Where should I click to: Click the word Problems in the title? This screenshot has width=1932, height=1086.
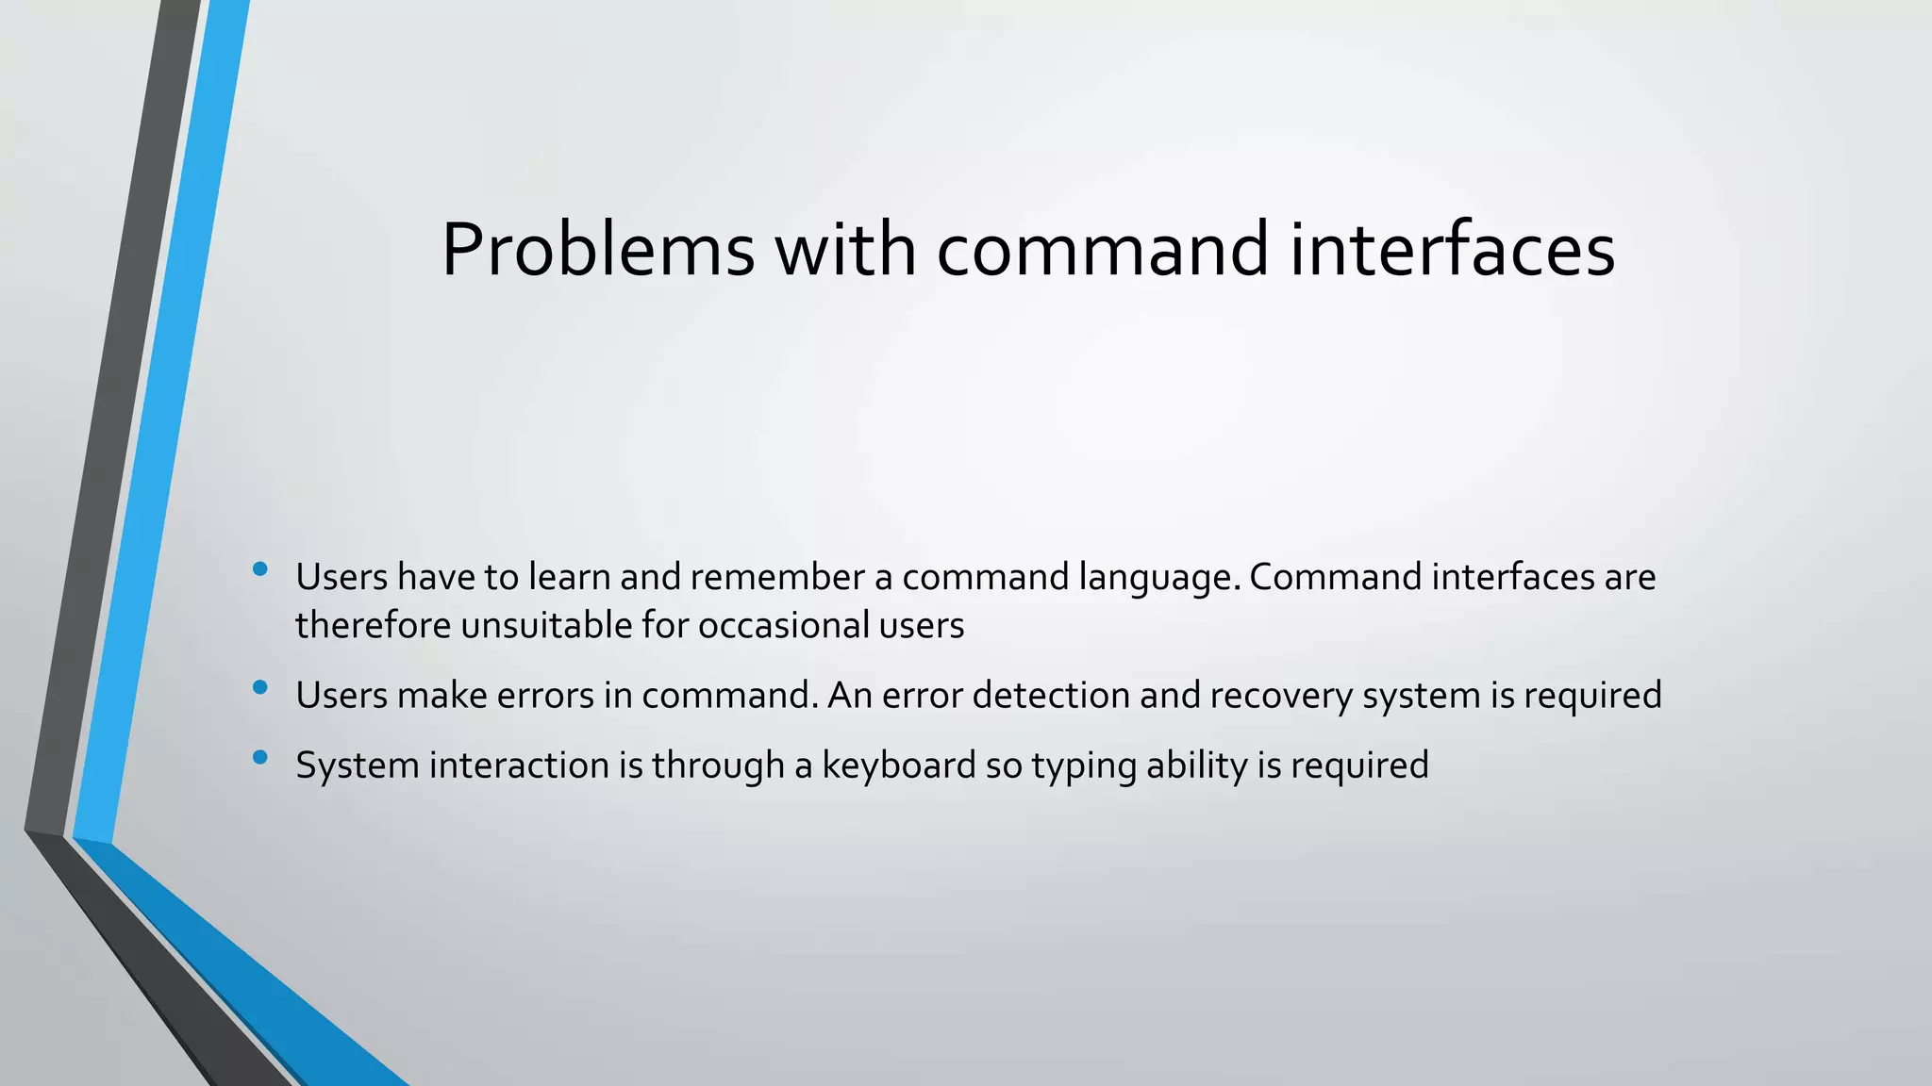(x=597, y=250)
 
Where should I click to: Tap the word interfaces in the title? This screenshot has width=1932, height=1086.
(x=1452, y=250)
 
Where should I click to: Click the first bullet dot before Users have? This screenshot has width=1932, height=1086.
(x=260, y=568)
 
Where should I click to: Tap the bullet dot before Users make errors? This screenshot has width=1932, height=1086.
(x=260, y=687)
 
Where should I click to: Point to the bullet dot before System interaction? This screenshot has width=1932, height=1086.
(x=260, y=756)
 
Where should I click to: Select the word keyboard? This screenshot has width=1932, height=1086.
(x=898, y=765)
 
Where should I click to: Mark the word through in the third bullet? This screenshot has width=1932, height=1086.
(x=717, y=765)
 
